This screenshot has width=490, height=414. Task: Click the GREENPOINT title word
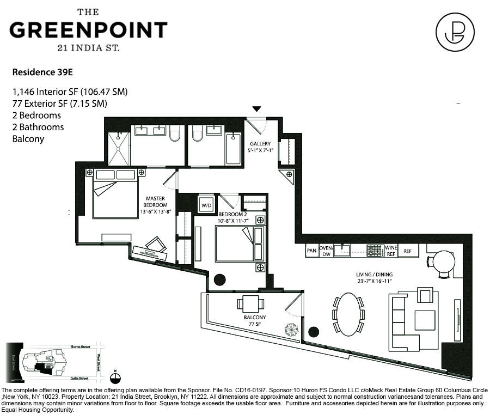click(x=88, y=29)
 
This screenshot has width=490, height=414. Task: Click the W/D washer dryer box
click(x=206, y=205)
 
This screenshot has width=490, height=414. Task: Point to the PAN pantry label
click(x=311, y=251)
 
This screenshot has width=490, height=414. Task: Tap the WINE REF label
click(x=391, y=251)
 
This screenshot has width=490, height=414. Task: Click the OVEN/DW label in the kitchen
click(x=326, y=251)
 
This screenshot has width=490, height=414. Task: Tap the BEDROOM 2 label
click(x=234, y=218)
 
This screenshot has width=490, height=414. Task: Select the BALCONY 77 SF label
click(x=255, y=321)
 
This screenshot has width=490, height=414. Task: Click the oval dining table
click(x=348, y=314)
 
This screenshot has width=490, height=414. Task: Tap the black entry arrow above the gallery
click(x=257, y=109)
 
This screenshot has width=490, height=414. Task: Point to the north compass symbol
click(x=115, y=375)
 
